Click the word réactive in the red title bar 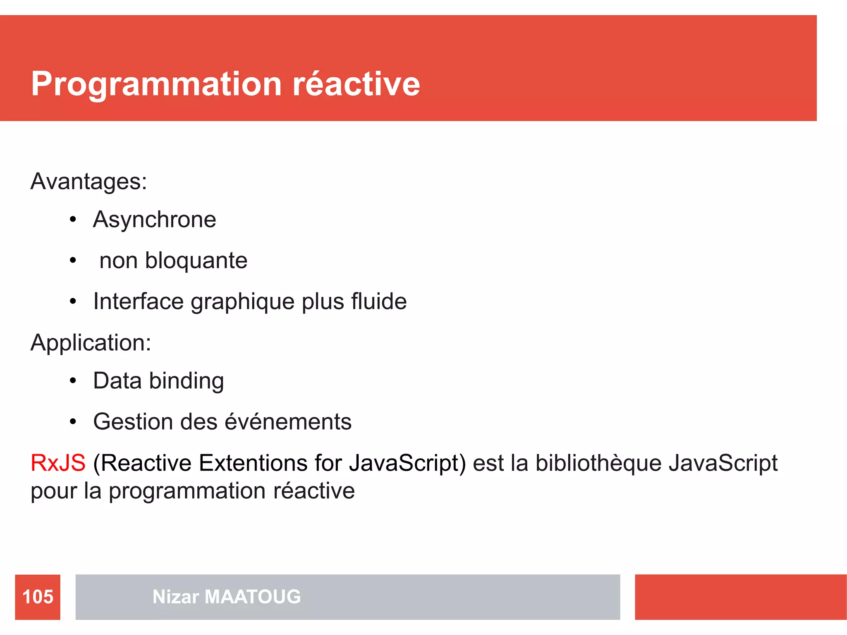click(x=356, y=84)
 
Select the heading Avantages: click(x=89, y=181)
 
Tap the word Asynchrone click(x=154, y=220)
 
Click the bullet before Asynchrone click(x=73, y=220)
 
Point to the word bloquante click(x=196, y=261)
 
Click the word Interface click(x=138, y=301)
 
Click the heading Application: click(x=91, y=343)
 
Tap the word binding click(x=187, y=381)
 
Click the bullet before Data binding click(x=73, y=381)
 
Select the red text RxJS click(x=58, y=463)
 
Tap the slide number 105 click(x=38, y=597)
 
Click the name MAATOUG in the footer click(x=253, y=597)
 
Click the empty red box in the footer click(x=740, y=597)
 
